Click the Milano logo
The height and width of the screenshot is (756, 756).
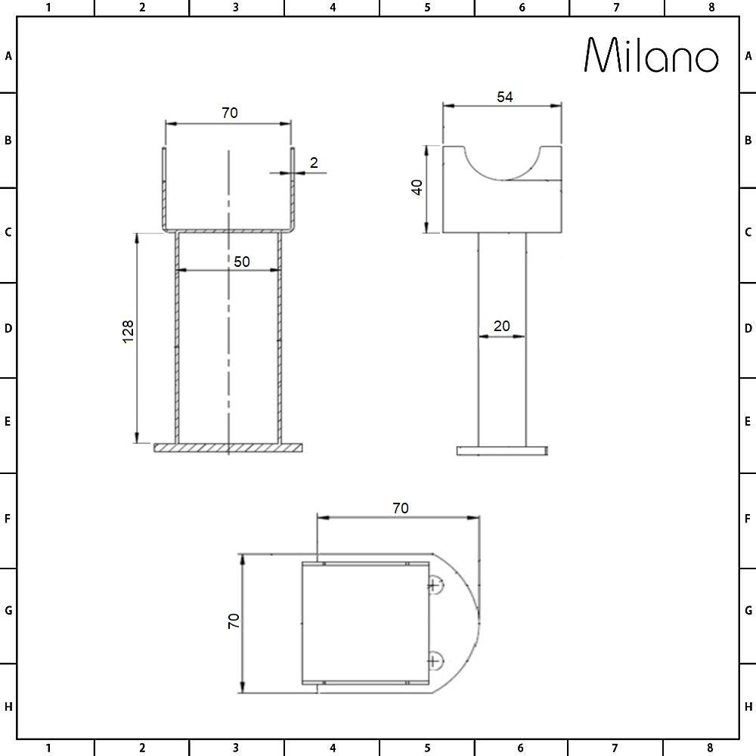click(652, 55)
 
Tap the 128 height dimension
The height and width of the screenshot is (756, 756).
click(128, 331)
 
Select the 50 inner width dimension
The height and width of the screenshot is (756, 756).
click(241, 262)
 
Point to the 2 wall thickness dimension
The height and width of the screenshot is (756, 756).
click(314, 162)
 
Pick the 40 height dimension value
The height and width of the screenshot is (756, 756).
click(416, 187)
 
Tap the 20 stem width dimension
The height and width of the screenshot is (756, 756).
click(501, 326)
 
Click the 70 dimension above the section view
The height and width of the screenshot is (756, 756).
click(229, 113)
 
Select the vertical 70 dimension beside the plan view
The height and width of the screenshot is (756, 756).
click(234, 621)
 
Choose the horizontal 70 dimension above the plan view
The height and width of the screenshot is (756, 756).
click(400, 508)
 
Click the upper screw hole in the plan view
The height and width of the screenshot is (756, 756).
click(434, 584)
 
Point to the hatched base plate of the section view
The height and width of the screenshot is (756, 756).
click(228, 448)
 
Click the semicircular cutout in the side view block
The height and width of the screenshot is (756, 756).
click(502, 160)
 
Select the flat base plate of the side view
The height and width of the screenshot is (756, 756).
click(502, 451)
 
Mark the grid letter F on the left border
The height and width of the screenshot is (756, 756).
click(8, 519)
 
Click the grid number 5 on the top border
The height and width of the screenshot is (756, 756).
click(427, 8)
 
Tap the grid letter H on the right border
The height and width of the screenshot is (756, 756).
click(748, 707)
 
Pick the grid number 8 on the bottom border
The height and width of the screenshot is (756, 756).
click(711, 748)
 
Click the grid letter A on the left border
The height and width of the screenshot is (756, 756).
click(8, 56)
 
